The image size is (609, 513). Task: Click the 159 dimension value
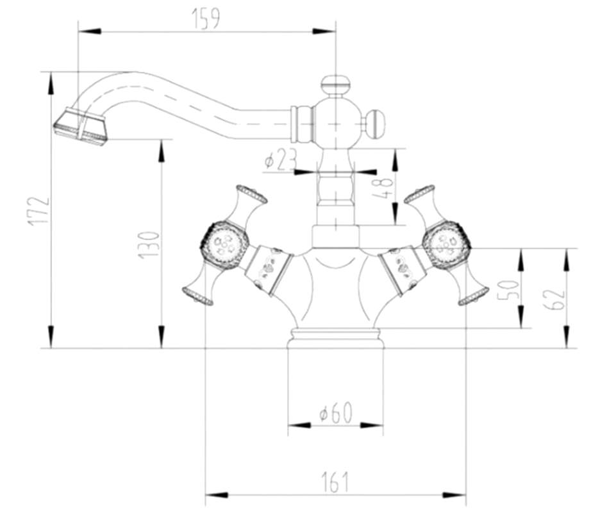point(206,18)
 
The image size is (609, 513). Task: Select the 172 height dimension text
point(38,211)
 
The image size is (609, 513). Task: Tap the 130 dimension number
point(149,245)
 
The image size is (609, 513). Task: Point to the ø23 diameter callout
point(280,160)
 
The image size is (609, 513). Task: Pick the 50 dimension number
point(508,290)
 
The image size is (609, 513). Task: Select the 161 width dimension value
point(335,482)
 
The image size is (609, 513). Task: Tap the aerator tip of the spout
point(81,127)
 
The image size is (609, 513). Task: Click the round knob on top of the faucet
point(335,83)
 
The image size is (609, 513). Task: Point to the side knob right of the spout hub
point(376,124)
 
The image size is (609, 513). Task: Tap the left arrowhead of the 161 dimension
point(216,495)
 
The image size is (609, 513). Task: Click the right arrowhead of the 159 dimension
point(324,31)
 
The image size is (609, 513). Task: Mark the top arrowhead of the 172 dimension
point(51,83)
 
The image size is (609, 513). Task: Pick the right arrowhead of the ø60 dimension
point(372,425)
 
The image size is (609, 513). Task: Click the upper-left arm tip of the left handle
point(252,194)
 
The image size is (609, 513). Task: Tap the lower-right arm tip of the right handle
point(473,296)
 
